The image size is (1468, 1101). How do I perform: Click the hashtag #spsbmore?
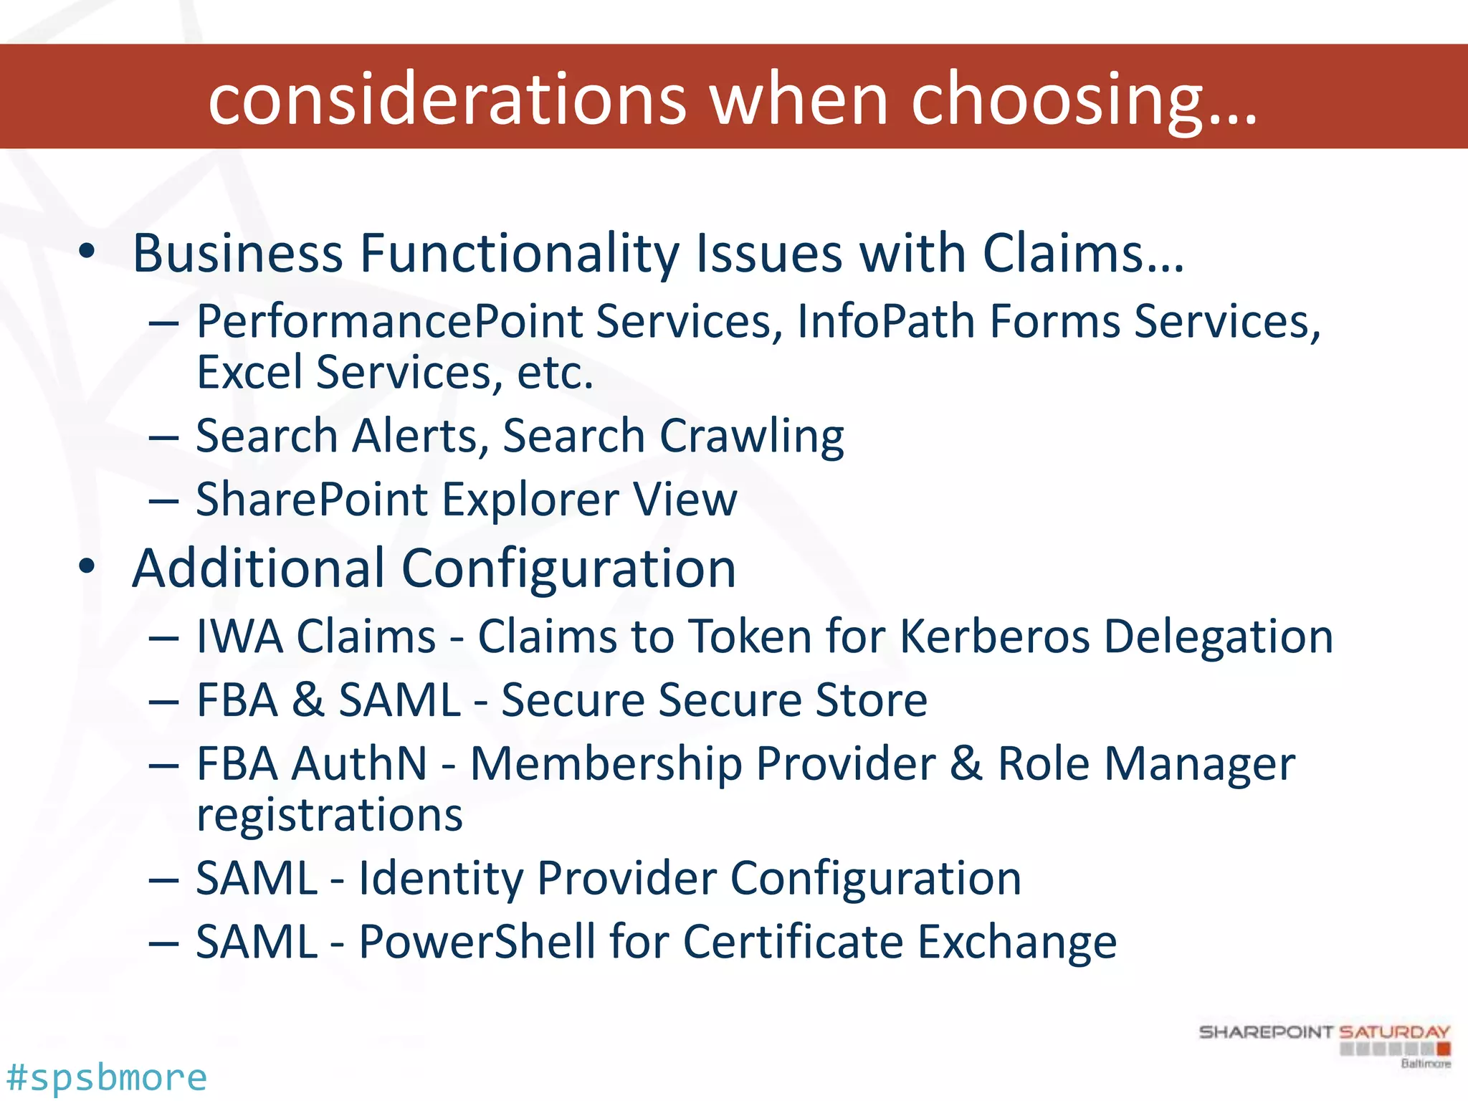pos(106,1077)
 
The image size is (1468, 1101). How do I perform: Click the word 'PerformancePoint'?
pos(389,322)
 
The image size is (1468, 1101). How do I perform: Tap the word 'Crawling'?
pos(751,437)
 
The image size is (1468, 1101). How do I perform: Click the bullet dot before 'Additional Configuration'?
pos(87,567)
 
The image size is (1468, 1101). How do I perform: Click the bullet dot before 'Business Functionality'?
pos(87,252)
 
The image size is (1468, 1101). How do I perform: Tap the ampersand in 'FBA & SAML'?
pos(308,700)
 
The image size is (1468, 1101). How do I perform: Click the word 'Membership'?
pos(606,763)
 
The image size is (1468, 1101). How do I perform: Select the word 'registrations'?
pos(330,815)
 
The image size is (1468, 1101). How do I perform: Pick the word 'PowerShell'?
pos(477,942)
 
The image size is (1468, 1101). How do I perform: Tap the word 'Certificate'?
pos(792,942)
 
